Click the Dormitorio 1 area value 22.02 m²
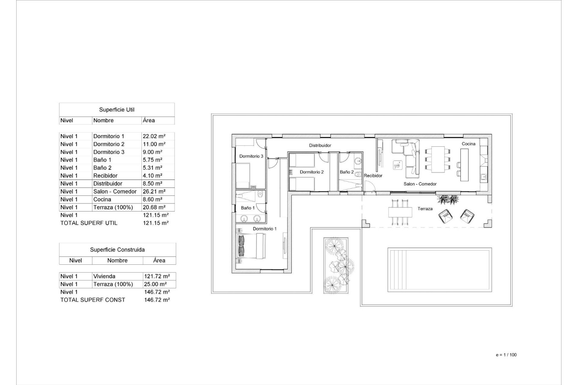[154, 136]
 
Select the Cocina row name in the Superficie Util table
[102, 199]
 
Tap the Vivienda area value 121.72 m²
[156, 276]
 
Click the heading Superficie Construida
[117, 250]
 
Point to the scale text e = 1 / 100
[506, 355]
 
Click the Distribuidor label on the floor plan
[320, 146]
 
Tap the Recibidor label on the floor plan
[373, 176]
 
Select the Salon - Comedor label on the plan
[420, 184]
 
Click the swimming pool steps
[396, 269]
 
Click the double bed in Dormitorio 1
[251, 246]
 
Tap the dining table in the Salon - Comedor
[438, 159]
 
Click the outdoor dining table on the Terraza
[400, 212]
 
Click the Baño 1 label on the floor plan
[247, 208]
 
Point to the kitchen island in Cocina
[465, 165]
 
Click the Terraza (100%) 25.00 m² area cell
[155, 284]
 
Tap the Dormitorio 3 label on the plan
[251, 156]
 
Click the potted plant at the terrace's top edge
[448, 200]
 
